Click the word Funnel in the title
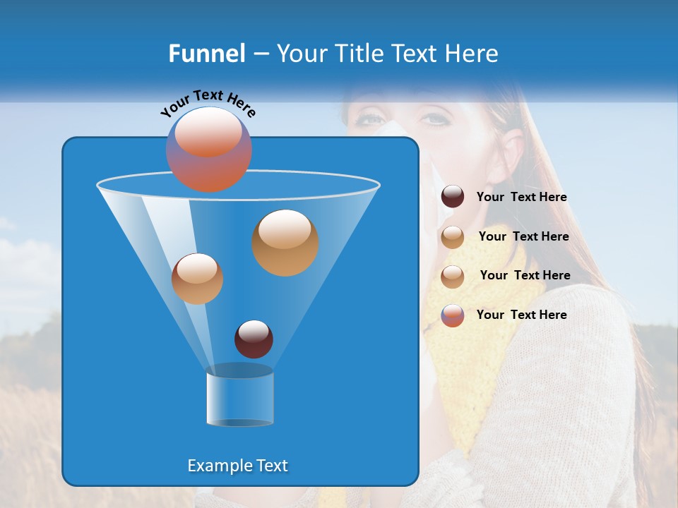pyautogui.click(x=206, y=54)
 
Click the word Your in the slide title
pyautogui.click(x=299, y=54)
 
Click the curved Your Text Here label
pyautogui.click(x=208, y=102)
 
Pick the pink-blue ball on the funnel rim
pyautogui.click(x=208, y=150)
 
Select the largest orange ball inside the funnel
pyautogui.click(x=285, y=242)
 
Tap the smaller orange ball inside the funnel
pyautogui.click(x=197, y=279)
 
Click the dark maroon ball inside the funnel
pyautogui.click(x=254, y=339)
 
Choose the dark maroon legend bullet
pyautogui.click(x=453, y=196)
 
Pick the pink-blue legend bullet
pyautogui.click(x=453, y=315)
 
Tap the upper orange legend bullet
pyautogui.click(x=453, y=237)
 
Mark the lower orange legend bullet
pyautogui.click(x=453, y=277)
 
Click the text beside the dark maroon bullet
pyautogui.click(x=521, y=198)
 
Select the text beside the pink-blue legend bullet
pyautogui.click(x=521, y=315)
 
